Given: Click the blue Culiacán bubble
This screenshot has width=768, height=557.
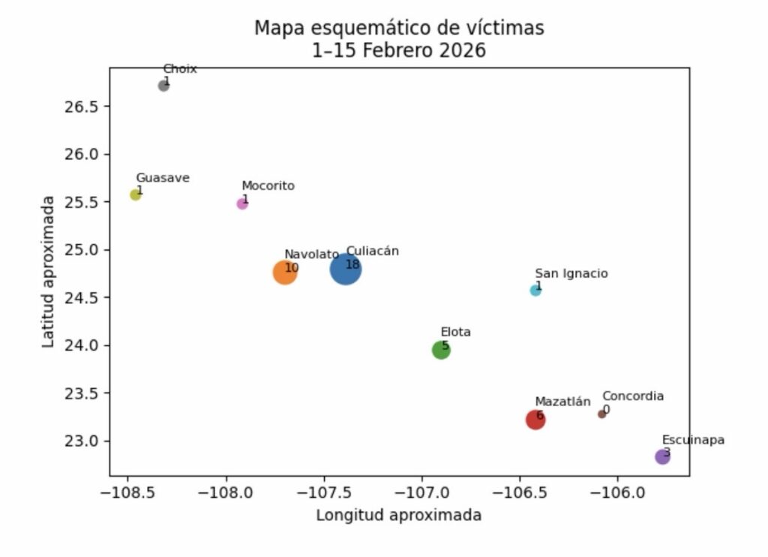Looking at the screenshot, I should [346, 269].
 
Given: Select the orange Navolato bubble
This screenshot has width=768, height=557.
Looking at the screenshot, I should [285, 272].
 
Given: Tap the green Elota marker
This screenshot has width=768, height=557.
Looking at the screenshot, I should [441, 350].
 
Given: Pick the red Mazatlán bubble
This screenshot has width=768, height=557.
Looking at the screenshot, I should [535, 420].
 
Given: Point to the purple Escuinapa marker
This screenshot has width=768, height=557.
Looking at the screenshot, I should [662, 456].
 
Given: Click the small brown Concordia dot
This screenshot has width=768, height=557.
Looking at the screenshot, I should [601, 414].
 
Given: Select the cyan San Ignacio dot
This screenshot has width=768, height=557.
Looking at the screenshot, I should [535, 291].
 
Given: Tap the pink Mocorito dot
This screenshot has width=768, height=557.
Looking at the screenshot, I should [242, 203].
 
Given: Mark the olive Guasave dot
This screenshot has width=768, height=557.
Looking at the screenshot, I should [136, 195].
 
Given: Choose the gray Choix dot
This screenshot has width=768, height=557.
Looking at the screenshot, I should [163, 86].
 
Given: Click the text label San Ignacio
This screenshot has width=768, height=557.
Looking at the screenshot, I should [571, 274].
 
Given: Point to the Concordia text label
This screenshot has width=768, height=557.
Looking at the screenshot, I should [632, 396].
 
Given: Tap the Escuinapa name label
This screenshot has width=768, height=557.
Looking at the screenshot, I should [693, 441].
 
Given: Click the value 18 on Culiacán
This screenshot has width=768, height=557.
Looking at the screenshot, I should [352, 265].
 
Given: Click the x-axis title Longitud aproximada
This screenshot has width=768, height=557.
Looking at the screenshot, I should [398, 516].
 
